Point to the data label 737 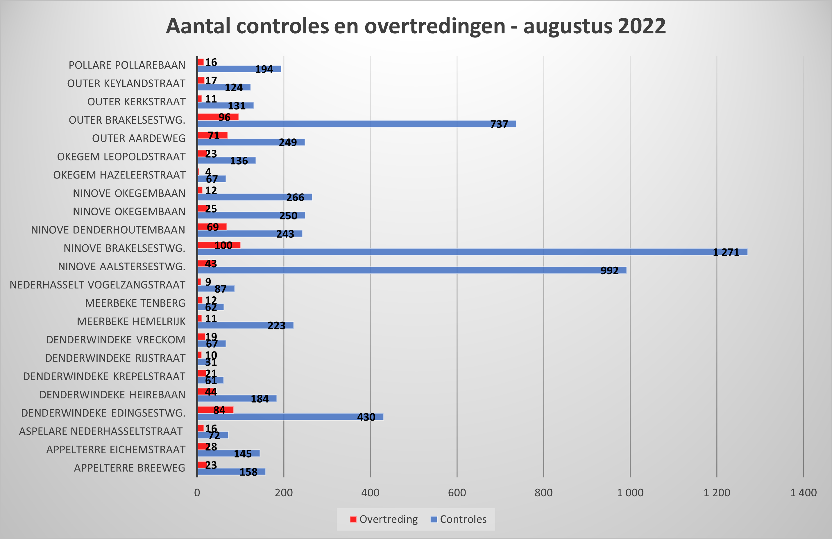(499, 124)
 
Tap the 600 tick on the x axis (457, 493)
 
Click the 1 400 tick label (803, 493)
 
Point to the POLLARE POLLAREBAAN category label (127, 65)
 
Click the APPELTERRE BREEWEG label (129, 468)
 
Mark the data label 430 (366, 417)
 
